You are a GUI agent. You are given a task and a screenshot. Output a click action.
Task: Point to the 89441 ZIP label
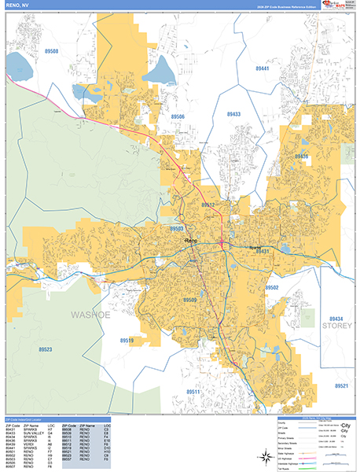click(x=263, y=69)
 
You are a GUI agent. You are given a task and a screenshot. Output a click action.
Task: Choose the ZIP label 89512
click(x=208, y=205)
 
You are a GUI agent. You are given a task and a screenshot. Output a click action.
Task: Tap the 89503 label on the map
click(x=177, y=228)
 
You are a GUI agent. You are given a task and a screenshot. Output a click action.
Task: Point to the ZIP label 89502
click(x=273, y=288)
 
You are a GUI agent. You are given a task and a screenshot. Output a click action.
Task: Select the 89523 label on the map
click(x=45, y=349)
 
